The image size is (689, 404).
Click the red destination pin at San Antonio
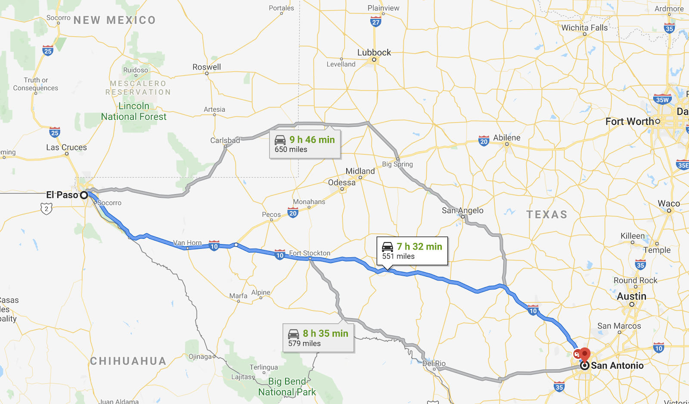(x=584, y=354)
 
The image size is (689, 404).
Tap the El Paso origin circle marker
(x=84, y=195)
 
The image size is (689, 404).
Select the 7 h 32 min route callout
(x=412, y=251)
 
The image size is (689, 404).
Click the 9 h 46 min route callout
(x=305, y=144)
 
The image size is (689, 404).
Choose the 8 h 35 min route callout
(x=318, y=338)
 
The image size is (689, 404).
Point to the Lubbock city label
(x=374, y=53)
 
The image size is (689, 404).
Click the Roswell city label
(x=207, y=67)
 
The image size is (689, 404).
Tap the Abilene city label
(x=506, y=138)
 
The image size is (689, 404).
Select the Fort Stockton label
(x=310, y=253)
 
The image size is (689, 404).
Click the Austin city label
(x=631, y=296)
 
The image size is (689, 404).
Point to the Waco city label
(x=668, y=204)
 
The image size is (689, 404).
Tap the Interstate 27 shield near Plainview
(x=376, y=22)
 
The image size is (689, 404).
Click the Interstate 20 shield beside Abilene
(x=484, y=141)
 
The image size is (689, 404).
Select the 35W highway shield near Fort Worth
(x=662, y=100)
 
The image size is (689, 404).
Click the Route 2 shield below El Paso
(x=47, y=209)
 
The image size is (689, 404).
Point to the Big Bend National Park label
(x=287, y=387)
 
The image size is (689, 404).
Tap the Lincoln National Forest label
(x=134, y=111)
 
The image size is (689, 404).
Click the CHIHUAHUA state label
(x=128, y=361)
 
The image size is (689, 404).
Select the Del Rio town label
(x=434, y=363)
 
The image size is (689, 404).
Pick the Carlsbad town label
(x=225, y=141)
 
